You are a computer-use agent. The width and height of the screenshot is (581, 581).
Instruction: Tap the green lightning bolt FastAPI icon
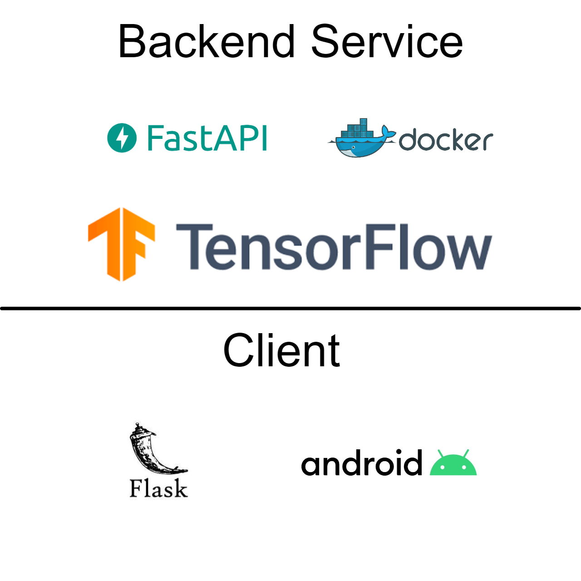click(x=122, y=138)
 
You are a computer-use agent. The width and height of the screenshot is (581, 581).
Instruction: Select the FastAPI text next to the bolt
click(x=207, y=138)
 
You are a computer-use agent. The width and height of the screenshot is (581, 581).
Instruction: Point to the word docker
click(x=446, y=140)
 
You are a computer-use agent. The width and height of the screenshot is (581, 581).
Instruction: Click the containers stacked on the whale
click(x=359, y=129)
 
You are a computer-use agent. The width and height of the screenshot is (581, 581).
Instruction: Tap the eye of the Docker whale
click(x=353, y=148)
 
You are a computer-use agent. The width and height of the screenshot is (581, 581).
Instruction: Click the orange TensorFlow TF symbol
click(x=122, y=244)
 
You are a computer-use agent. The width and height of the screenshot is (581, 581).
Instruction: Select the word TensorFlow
click(x=334, y=247)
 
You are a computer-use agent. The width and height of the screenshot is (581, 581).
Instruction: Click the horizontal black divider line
click(x=290, y=309)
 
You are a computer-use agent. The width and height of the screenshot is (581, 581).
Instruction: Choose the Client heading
click(x=281, y=350)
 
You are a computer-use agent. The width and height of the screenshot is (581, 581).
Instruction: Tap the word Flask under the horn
click(x=158, y=489)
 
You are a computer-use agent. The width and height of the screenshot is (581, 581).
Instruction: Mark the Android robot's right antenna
click(x=466, y=453)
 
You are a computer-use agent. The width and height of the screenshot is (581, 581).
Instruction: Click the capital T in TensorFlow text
click(x=193, y=246)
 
